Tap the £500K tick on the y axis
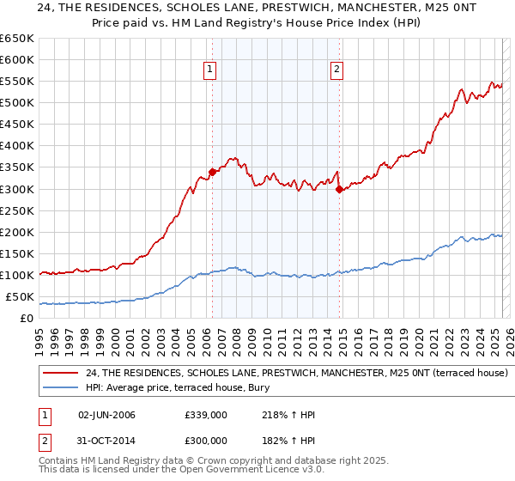pyautogui.click(x=17, y=103)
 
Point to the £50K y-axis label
pyautogui.click(x=20, y=297)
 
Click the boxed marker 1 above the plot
pyautogui.click(x=210, y=70)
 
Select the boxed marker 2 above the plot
pyautogui.click(x=336, y=70)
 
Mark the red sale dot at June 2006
pyautogui.click(x=212, y=172)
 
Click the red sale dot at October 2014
pyautogui.click(x=339, y=189)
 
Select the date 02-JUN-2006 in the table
pyautogui.click(x=106, y=415)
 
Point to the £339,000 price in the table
pyautogui.click(x=205, y=415)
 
